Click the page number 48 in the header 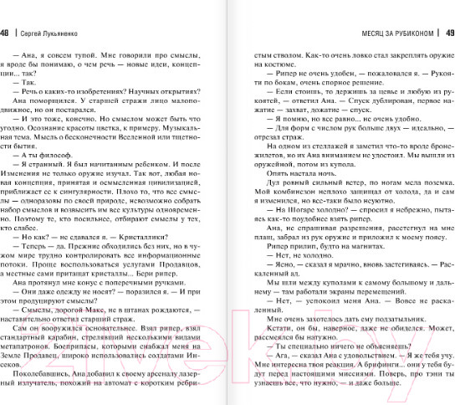5,33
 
